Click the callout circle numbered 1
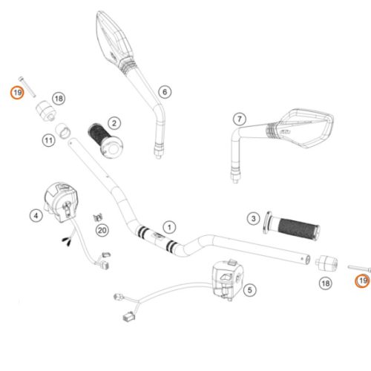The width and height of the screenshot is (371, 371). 169,227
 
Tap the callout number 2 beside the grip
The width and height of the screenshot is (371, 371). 114,123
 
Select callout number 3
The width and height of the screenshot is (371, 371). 254,219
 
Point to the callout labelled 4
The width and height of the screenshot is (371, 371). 36,216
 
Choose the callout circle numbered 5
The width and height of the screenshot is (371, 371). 250,290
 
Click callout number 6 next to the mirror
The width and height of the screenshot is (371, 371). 165,92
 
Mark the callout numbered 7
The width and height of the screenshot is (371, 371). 240,119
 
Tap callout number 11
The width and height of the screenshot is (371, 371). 48,140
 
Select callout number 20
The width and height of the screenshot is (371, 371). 102,231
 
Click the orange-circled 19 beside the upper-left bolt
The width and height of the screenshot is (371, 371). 17,93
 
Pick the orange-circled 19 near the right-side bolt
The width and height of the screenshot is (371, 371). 363,281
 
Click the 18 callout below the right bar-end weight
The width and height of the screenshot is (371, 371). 326,283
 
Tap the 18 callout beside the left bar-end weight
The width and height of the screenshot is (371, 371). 59,99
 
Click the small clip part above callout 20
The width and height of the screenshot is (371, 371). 98,217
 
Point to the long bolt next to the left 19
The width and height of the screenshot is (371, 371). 27,87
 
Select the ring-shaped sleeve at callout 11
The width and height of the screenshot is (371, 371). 63,131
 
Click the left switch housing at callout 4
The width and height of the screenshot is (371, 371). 61,202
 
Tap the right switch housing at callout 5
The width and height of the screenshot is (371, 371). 228,279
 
